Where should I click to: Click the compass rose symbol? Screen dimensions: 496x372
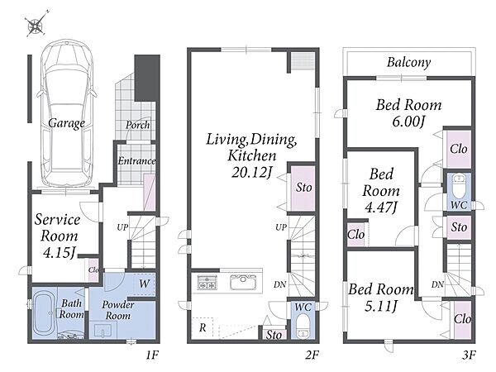[x=36, y=25]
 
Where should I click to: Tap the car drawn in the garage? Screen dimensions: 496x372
[x=67, y=113]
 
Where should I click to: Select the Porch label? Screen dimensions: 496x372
[x=137, y=126]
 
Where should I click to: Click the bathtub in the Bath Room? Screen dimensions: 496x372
[x=45, y=314]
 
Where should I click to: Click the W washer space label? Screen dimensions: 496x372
[x=144, y=283]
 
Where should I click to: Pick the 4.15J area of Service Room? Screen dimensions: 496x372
[x=60, y=252]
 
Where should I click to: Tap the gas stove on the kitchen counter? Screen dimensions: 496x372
[x=207, y=283]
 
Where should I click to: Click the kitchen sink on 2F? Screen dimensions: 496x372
[x=243, y=282]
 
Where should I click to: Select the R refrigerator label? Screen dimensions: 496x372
[x=203, y=327]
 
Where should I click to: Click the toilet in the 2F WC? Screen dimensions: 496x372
[x=303, y=327]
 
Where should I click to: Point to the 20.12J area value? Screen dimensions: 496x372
[x=252, y=173]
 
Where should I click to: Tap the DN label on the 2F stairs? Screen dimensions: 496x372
[x=280, y=284]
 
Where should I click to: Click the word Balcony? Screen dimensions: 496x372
[x=408, y=62]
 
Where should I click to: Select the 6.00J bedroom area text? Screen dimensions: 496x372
[x=408, y=122]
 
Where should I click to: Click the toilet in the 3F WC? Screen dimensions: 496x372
[x=458, y=187]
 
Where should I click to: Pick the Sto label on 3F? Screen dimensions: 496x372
[x=459, y=227]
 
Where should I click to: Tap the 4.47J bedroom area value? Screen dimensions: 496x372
[x=381, y=207]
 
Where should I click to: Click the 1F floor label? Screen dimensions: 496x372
[x=152, y=355]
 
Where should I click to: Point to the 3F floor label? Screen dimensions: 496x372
[x=469, y=355]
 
